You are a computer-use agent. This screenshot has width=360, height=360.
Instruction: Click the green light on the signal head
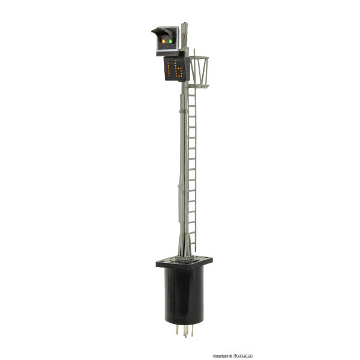point(170,41)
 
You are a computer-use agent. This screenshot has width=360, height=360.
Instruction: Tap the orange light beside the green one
point(164,40)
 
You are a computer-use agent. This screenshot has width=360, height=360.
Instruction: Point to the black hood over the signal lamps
point(161,31)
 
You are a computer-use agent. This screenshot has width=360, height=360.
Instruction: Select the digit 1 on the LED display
point(170,69)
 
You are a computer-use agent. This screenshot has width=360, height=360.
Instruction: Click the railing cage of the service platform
point(199,71)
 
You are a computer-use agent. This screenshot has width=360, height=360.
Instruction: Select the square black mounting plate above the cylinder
point(185,262)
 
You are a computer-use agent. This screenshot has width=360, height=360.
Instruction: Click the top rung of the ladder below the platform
point(191,91)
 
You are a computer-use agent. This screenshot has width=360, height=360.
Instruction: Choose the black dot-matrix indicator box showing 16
point(176,69)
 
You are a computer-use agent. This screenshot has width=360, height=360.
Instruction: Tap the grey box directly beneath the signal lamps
point(167,52)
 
